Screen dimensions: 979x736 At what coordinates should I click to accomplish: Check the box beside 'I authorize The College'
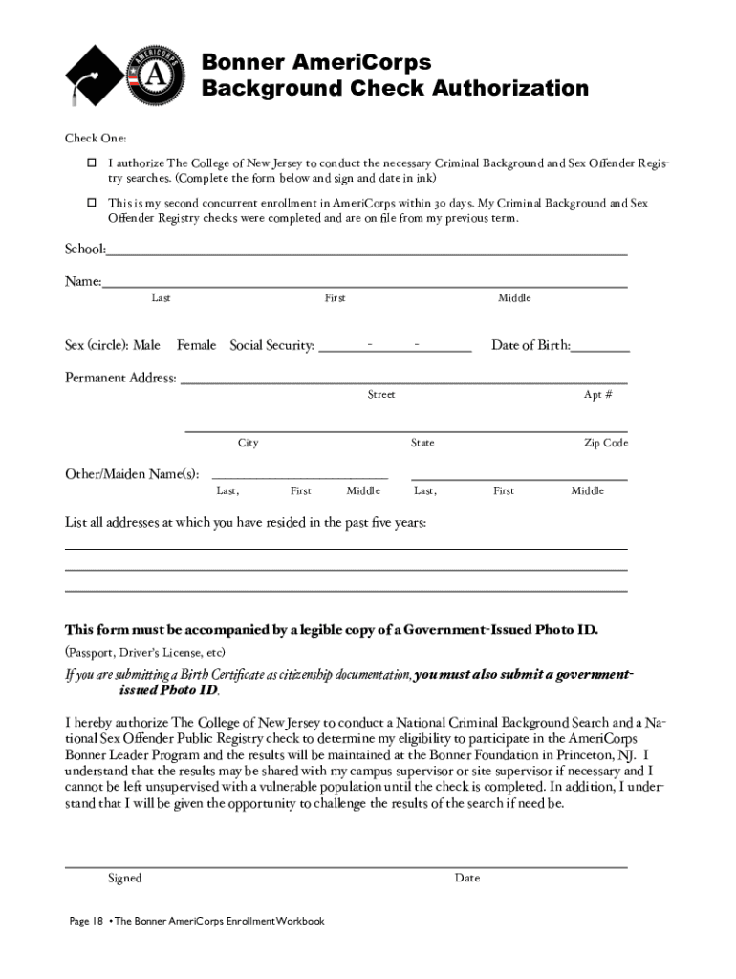click(92, 163)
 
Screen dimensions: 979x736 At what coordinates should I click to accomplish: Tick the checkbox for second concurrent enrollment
click(92, 203)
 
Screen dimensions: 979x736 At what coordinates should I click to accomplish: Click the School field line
click(367, 252)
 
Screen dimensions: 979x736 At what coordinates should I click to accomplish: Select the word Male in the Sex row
click(146, 345)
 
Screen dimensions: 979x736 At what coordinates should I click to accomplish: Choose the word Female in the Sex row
click(196, 345)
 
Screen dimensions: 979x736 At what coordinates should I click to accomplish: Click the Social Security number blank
click(395, 347)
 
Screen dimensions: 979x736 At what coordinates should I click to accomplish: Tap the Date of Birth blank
click(600, 348)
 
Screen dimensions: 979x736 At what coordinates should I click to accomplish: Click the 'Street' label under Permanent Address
click(381, 395)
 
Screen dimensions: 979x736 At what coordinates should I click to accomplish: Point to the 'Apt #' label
click(598, 395)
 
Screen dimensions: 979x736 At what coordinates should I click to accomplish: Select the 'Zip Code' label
click(606, 443)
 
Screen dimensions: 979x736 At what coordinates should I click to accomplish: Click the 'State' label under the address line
click(422, 443)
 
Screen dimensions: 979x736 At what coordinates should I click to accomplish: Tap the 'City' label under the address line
click(248, 443)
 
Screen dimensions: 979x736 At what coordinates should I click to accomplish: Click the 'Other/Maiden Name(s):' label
click(132, 473)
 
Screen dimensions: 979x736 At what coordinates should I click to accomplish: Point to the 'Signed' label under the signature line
click(124, 878)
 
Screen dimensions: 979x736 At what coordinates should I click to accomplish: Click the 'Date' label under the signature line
click(467, 878)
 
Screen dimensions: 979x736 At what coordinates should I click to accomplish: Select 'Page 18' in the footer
click(86, 921)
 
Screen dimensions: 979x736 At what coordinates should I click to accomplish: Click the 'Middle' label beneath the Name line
click(514, 298)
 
